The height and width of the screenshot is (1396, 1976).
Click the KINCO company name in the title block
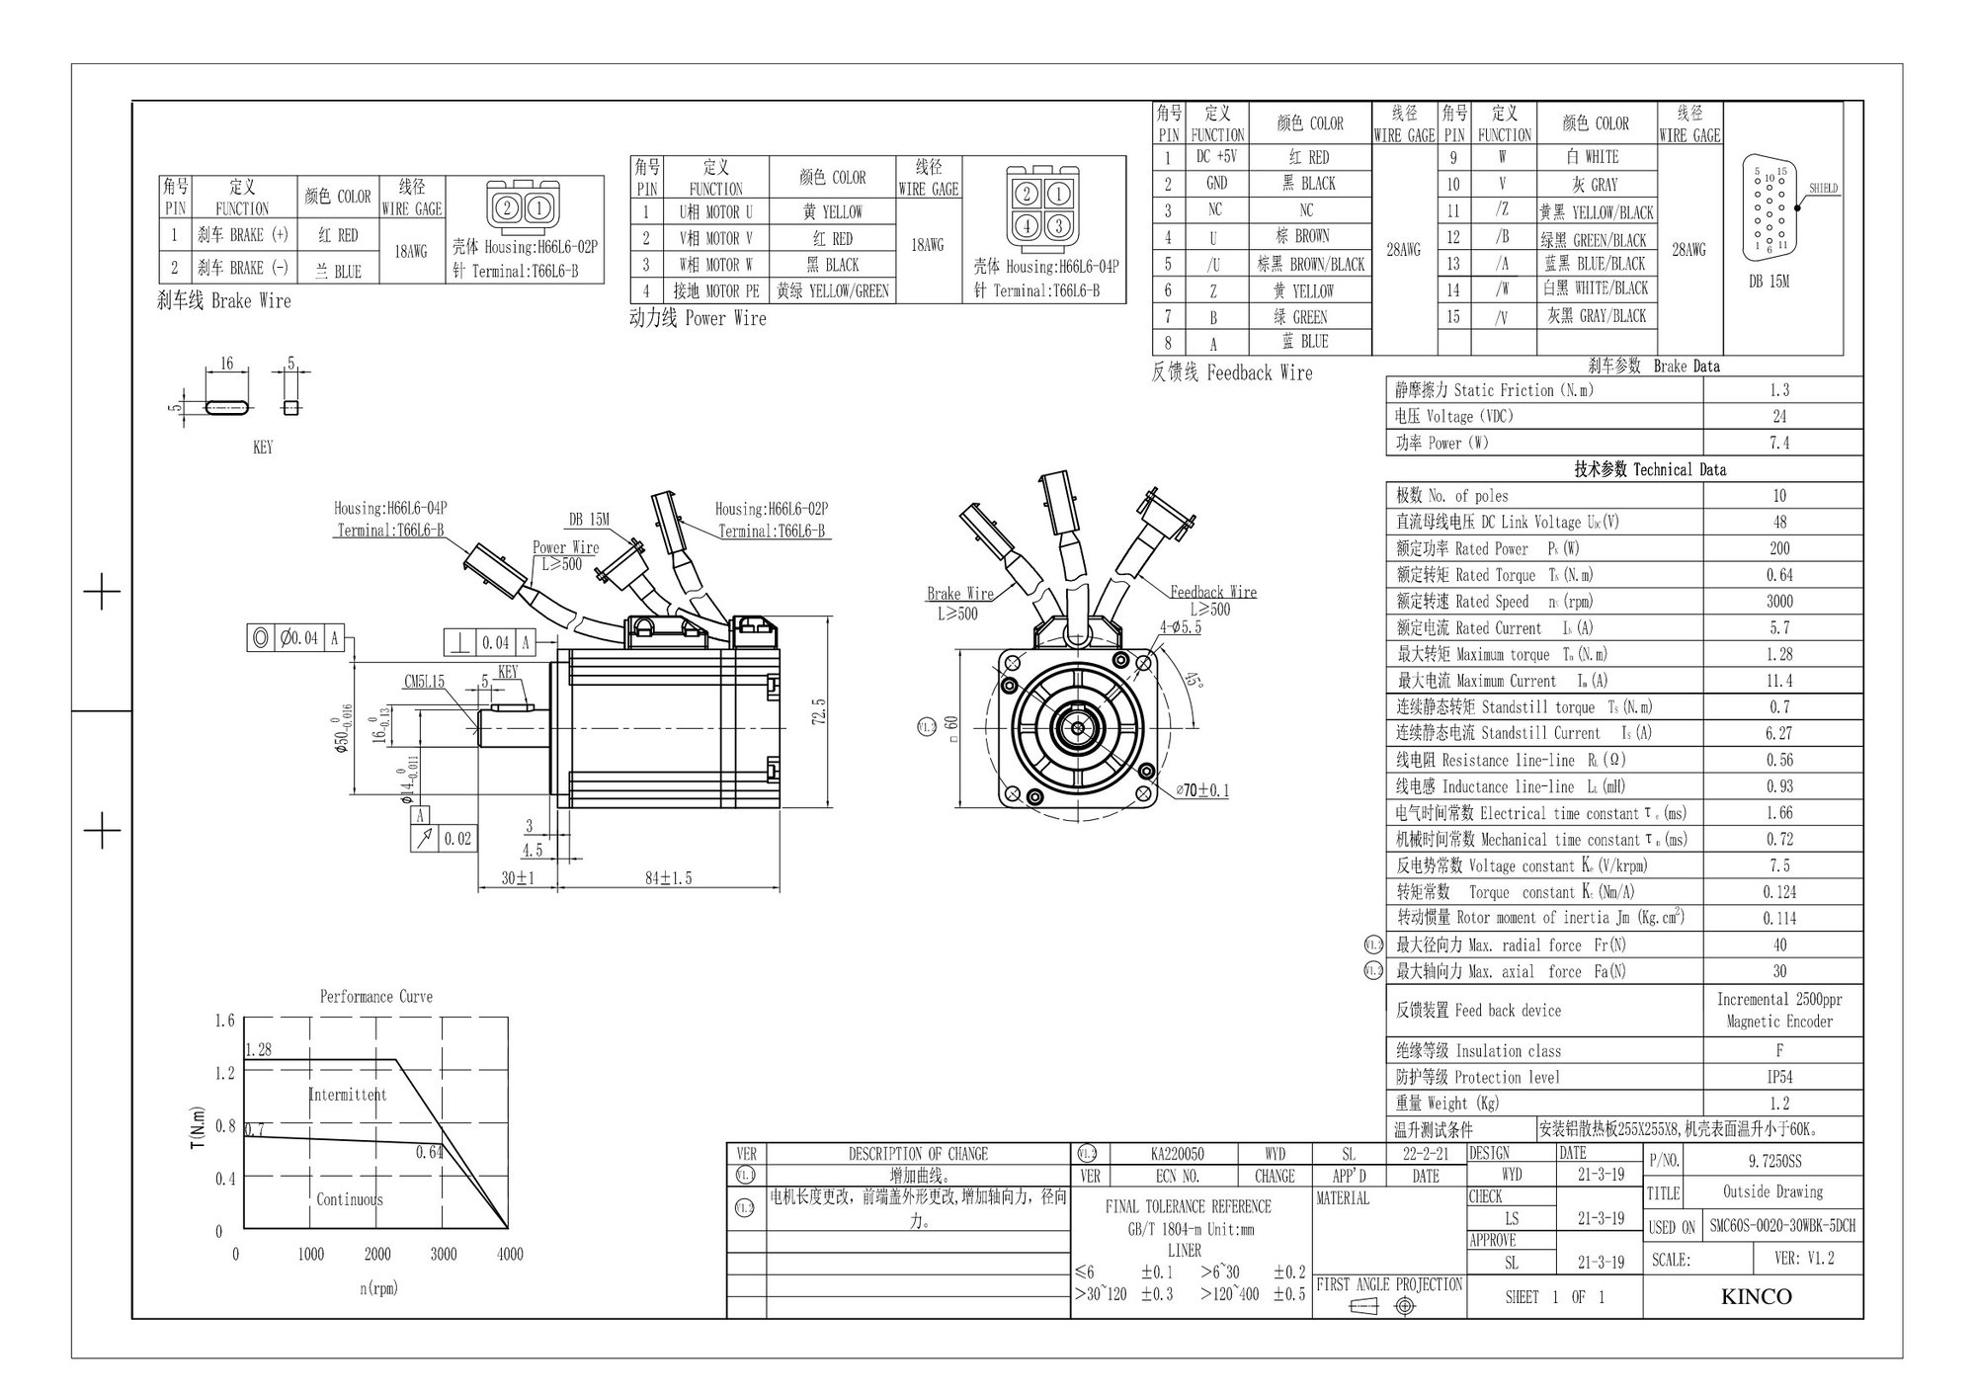click(x=1756, y=1296)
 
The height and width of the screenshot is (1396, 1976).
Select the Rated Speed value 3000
click(x=1779, y=601)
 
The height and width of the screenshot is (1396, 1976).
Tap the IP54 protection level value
click(x=1779, y=1077)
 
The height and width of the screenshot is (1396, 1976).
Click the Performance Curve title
click(x=375, y=996)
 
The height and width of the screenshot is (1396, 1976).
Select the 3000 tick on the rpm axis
click(x=444, y=1254)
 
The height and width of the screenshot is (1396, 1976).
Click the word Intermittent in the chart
click(x=348, y=1095)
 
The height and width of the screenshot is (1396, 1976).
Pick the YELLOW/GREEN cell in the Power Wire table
click(x=833, y=290)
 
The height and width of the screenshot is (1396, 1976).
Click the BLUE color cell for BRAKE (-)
click(x=339, y=271)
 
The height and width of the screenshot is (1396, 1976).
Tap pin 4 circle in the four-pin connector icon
click(x=1028, y=225)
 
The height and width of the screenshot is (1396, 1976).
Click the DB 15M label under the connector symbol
click(x=1769, y=282)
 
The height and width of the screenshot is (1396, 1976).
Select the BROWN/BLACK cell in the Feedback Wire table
click(x=1310, y=264)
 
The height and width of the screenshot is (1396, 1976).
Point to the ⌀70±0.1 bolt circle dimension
click(x=1202, y=790)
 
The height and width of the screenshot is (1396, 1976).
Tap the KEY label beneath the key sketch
click(x=263, y=448)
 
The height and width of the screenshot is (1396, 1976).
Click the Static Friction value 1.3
click(x=1779, y=390)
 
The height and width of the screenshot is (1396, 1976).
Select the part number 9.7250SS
click(x=1773, y=1161)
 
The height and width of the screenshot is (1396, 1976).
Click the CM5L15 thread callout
click(x=425, y=682)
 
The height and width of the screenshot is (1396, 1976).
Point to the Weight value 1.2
click(x=1779, y=1104)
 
